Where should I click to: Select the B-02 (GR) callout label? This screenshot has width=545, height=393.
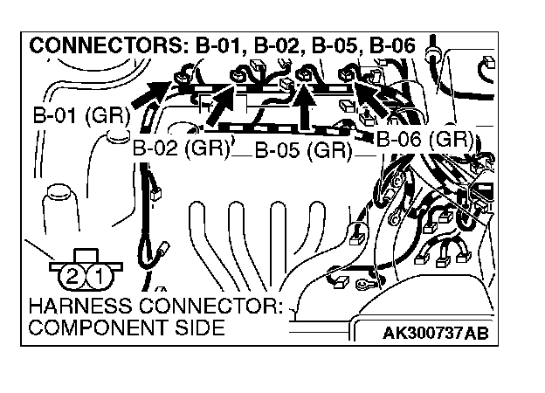point(180,148)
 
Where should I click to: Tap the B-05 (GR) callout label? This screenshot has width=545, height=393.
point(302,150)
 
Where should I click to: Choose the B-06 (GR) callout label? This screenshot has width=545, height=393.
point(425,138)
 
